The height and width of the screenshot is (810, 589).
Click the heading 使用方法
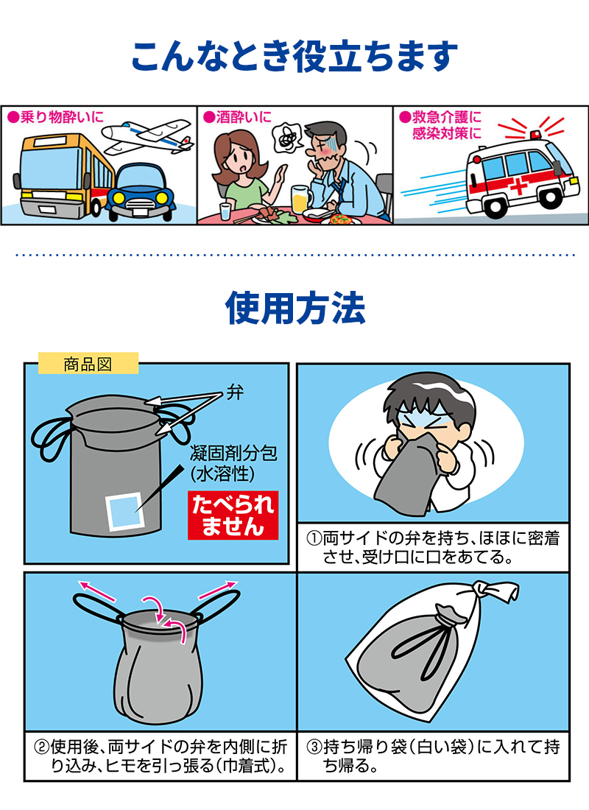[x=294, y=307]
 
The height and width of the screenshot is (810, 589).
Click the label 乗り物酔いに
[x=57, y=116]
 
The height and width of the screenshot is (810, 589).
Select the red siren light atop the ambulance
[x=534, y=134]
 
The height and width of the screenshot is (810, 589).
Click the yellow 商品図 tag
[x=88, y=364]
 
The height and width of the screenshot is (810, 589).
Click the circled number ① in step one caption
[x=313, y=539]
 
